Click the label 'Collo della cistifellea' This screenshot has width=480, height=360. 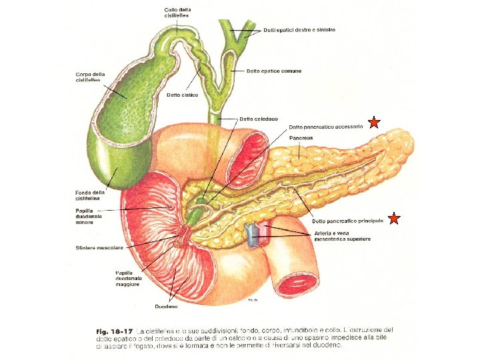(177, 12)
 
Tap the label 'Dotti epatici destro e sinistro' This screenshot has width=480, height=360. (299, 30)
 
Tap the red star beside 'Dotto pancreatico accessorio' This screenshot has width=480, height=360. (374, 122)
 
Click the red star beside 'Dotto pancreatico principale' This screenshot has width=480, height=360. (394, 218)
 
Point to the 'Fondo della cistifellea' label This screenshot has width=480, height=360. (90, 195)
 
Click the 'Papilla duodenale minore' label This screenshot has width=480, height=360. (89, 217)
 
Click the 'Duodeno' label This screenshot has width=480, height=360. (166, 307)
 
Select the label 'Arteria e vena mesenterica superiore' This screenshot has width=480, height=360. (342, 235)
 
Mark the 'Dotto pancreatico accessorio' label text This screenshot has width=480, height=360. (325, 127)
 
